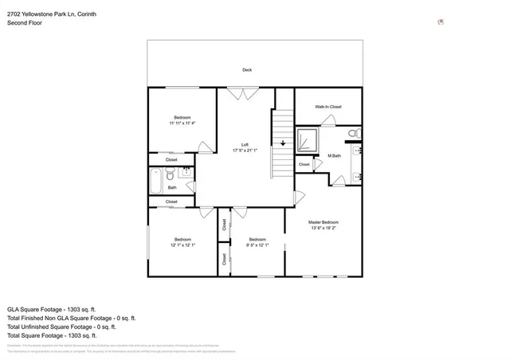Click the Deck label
coord(247,70)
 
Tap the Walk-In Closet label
coord(328,107)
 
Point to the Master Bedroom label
coord(323,222)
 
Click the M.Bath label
coord(334,155)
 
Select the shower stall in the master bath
coord(306,140)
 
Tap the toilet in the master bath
coord(355,133)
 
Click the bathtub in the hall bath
coord(155,181)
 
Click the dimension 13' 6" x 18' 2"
coord(323,229)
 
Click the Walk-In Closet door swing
coord(328,120)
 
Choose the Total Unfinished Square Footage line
coord(61,327)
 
